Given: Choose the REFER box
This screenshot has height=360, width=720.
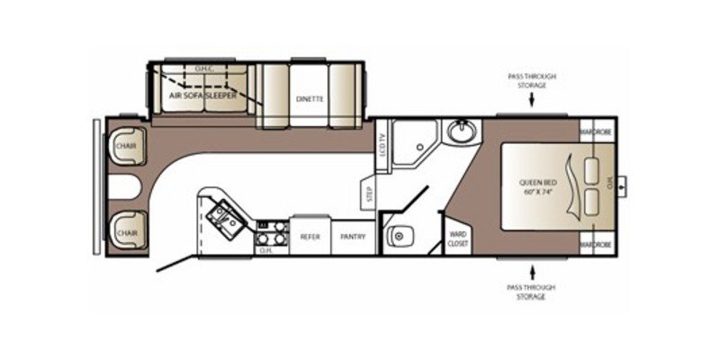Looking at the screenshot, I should point(310,237).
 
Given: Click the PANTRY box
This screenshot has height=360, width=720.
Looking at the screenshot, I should point(351,237).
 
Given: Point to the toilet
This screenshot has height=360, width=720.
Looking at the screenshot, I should point(398,236).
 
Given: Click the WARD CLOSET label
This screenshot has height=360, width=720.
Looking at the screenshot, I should point(457,238).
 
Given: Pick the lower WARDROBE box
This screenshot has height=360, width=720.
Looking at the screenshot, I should point(595,243).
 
